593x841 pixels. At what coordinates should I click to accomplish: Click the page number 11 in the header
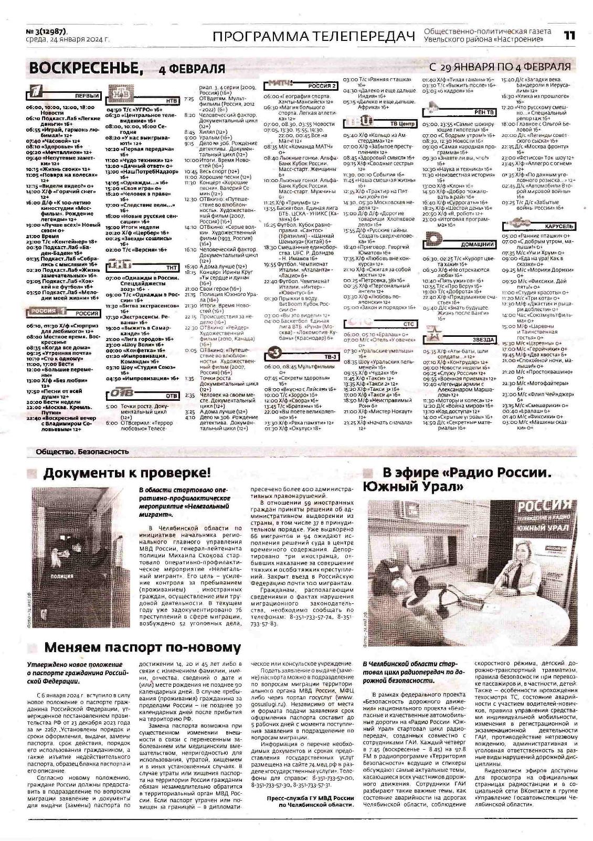point(569,36)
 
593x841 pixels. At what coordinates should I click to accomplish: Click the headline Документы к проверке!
point(126,473)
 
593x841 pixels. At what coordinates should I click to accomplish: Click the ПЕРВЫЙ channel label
point(88,96)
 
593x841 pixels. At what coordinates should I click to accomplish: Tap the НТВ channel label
point(171,100)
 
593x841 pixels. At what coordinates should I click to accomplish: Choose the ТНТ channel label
point(171,268)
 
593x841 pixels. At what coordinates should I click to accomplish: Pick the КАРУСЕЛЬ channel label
point(560,226)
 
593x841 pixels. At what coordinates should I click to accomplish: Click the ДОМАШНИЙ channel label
point(478,244)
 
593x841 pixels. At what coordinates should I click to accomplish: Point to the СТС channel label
point(409,324)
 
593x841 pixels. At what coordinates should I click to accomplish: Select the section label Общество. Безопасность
point(82,451)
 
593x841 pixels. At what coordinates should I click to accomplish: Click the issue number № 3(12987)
point(47,31)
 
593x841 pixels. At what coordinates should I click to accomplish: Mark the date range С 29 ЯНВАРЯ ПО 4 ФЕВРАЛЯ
point(500,67)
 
